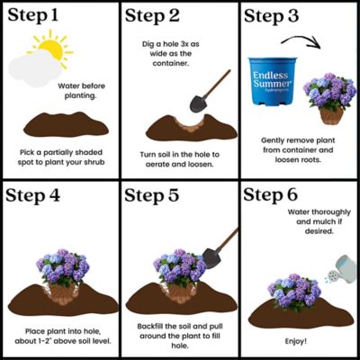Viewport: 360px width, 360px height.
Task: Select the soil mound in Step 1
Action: pos(59,122)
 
